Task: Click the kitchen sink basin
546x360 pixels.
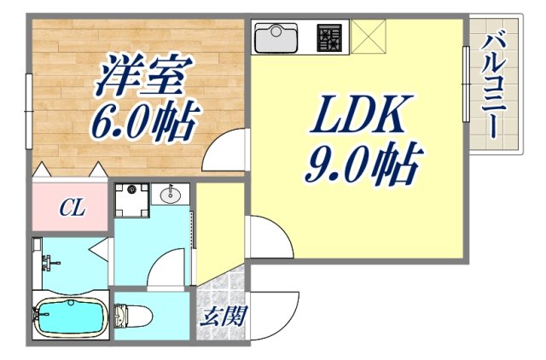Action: pos(276,38)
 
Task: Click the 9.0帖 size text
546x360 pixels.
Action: pos(363,164)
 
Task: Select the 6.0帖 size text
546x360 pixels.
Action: pos(145,121)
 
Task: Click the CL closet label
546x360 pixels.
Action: pos(71,207)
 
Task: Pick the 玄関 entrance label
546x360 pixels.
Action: pos(224,317)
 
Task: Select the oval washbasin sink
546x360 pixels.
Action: pos(171,195)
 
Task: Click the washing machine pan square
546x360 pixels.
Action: pos(132,195)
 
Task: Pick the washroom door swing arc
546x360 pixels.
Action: pos(166,270)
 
